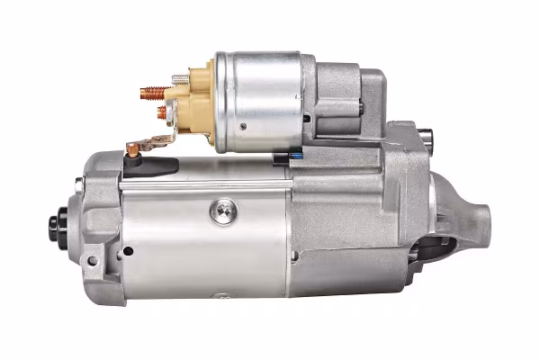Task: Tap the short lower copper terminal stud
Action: [x=162, y=112]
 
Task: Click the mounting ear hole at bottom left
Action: [x=91, y=262]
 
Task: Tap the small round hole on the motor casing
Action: [x=127, y=251]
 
